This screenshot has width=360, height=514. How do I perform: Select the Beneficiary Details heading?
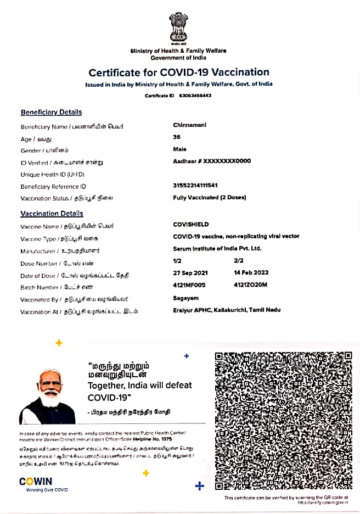coord(51,112)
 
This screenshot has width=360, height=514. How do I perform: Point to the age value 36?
coord(177,137)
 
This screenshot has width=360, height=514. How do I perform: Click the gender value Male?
coord(179,149)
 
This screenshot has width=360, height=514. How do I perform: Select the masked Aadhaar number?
coord(212,161)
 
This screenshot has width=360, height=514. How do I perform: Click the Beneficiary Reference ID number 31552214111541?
coord(195,186)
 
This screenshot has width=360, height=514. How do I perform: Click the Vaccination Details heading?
coord(52,214)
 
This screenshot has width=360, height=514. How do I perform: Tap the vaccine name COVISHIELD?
coord(191,225)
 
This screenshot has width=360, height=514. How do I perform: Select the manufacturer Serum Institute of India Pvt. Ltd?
coord(217,249)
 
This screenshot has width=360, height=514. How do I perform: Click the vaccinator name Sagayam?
coord(184,298)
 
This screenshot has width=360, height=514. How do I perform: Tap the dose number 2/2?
coord(239,261)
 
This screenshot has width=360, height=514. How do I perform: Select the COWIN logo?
coord(36,482)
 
